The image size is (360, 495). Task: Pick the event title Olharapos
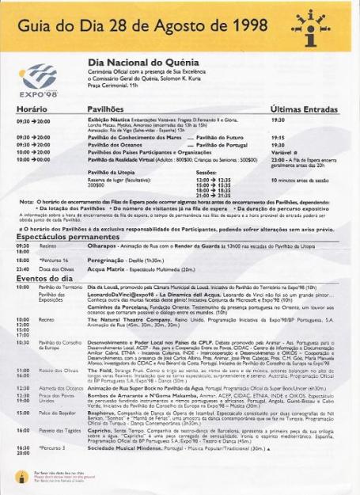click(x=106, y=246)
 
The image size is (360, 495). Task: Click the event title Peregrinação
click(x=110, y=259)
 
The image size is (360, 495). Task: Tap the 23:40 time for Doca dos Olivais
click(x=22, y=268)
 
